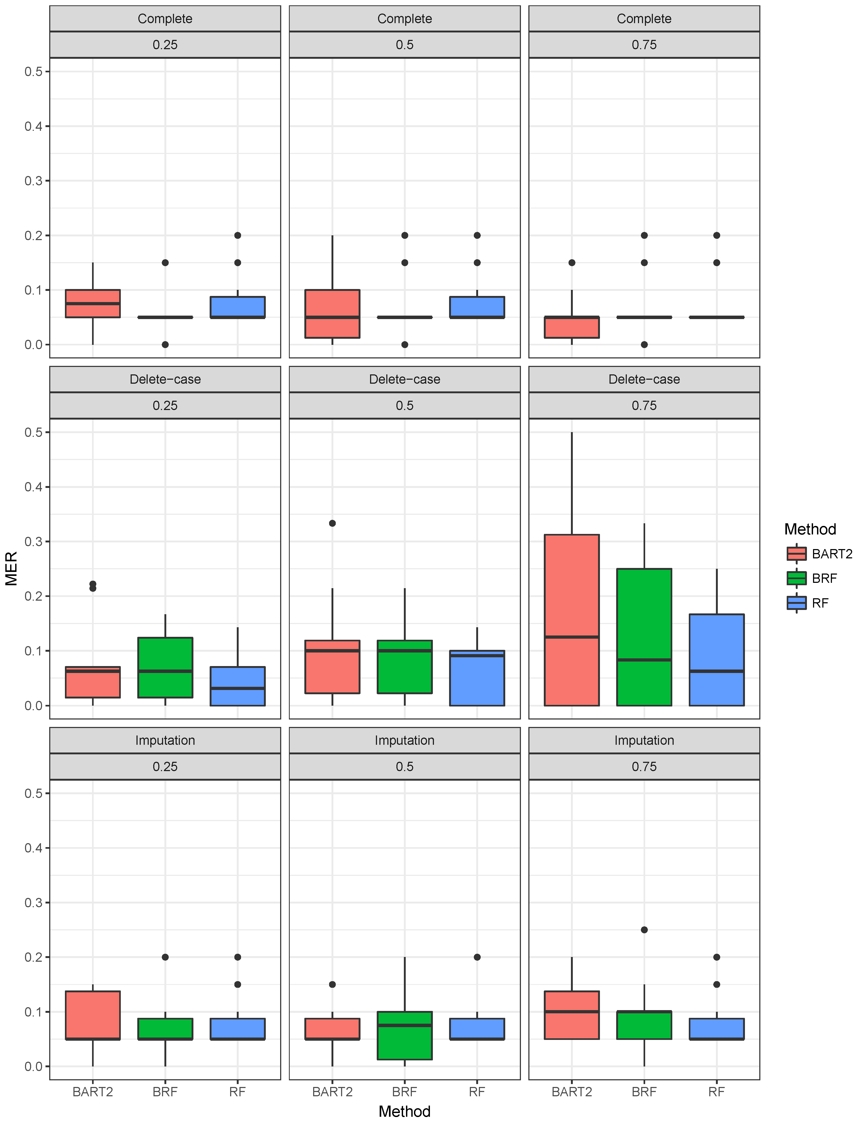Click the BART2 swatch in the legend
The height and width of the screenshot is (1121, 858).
click(796, 554)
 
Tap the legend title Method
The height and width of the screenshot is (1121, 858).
click(810, 529)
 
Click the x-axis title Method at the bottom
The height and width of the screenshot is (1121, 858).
click(404, 1111)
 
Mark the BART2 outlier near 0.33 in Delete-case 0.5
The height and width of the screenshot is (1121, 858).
click(333, 523)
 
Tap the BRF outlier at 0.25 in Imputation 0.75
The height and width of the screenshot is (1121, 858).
click(644, 930)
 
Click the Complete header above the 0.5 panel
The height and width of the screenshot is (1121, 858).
click(404, 19)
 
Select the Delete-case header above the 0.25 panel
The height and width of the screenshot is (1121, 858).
click(165, 379)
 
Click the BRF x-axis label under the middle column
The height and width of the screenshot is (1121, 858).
click(404, 1092)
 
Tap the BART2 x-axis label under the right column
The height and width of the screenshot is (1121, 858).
click(571, 1092)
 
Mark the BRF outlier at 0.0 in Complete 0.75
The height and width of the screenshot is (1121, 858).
click(644, 345)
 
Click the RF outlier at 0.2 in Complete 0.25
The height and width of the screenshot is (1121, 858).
click(238, 235)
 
